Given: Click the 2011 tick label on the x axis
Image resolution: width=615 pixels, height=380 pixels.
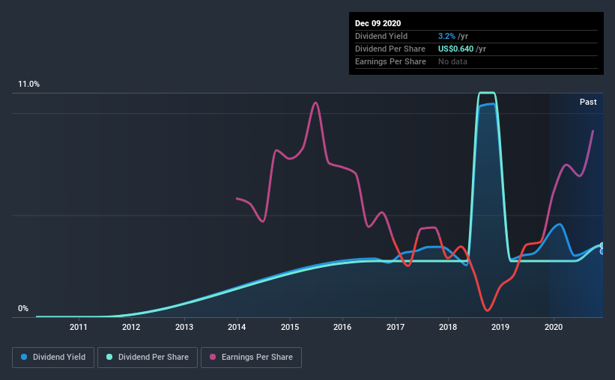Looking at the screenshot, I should tap(79, 327).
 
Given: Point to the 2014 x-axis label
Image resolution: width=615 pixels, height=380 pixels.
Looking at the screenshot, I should tap(237, 327).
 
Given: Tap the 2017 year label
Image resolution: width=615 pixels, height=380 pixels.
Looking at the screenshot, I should tap(396, 327).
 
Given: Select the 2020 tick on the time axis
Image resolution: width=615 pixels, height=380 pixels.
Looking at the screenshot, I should tap(554, 327).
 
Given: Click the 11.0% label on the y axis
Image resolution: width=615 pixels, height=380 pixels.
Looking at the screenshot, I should tap(28, 85).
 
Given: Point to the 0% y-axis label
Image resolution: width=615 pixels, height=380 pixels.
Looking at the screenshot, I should tap(22, 308).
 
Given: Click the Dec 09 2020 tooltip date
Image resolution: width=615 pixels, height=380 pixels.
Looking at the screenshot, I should tap(378, 23).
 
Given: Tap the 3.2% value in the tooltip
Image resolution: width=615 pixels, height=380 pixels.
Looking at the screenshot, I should tap(446, 36).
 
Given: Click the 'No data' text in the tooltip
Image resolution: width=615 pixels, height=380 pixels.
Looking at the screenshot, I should tap(452, 61).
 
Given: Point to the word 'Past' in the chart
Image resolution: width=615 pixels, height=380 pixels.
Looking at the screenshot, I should tap(588, 102).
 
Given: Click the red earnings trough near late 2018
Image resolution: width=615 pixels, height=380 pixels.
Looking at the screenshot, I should tap(488, 310).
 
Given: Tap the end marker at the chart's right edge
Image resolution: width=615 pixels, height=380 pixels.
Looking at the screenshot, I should tap(602, 248).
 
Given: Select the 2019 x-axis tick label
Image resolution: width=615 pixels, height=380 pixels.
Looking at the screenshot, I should tap(501, 327).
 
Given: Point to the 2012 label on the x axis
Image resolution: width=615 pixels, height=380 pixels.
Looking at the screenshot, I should tap(131, 327).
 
